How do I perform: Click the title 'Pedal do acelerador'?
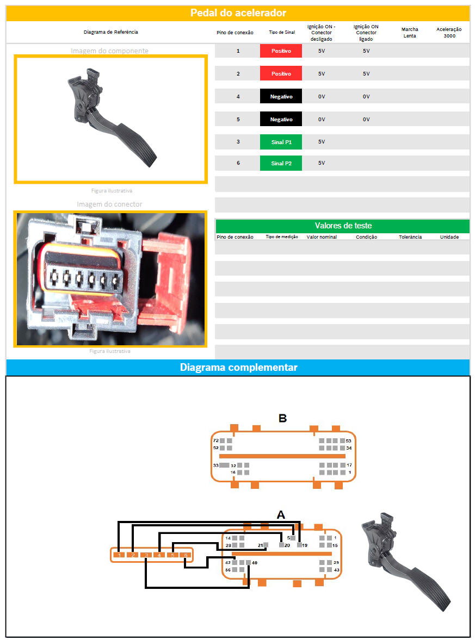pos(238,13)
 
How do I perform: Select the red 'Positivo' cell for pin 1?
pos(280,51)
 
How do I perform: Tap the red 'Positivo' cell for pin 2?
pos(280,73)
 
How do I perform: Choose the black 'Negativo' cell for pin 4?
pos(280,96)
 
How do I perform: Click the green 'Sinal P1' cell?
pos(280,142)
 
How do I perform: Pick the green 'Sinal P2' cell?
pos(280,163)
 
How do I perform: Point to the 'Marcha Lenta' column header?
pos(409,32)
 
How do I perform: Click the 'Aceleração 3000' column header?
pos(449,32)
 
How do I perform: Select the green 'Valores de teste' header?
pos(343,226)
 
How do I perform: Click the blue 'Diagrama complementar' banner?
pos(238,368)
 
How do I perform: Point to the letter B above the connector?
pos(282,418)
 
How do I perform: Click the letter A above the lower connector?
pos(281,514)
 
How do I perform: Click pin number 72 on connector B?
pos(216,440)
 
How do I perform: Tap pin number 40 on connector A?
pos(254,563)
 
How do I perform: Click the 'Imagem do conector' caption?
pos(109,204)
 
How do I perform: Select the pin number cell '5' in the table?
pos(238,119)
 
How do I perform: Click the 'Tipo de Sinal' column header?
pos(282,32)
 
